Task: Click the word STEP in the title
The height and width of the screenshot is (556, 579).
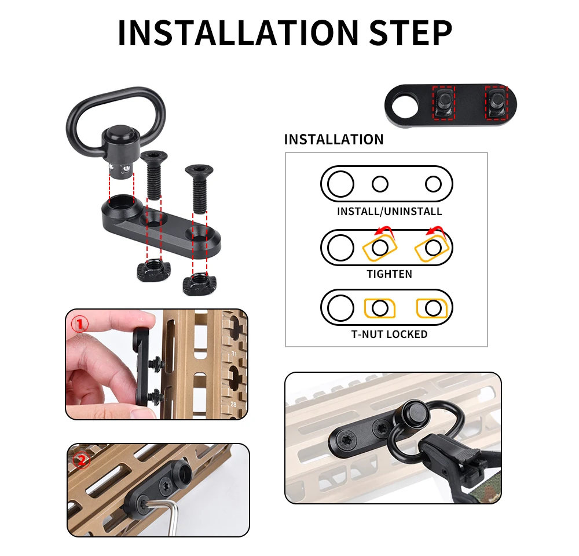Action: click(411, 32)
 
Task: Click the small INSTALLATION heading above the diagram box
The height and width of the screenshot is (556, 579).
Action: click(334, 139)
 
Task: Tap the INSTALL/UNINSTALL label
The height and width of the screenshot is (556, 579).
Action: click(389, 212)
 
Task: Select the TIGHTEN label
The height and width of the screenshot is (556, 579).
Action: click(389, 274)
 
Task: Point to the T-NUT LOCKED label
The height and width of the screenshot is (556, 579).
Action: click(389, 334)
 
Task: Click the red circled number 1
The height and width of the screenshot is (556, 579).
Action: click(80, 324)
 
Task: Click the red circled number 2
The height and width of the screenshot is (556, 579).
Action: click(81, 460)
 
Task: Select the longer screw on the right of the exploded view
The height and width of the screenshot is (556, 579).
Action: click(199, 189)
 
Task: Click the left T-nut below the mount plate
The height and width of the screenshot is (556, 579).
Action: click(153, 270)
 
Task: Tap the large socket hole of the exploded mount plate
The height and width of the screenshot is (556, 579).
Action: click(122, 202)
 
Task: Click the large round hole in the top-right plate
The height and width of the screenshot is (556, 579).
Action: click(405, 107)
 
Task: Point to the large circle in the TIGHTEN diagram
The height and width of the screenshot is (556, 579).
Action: click(340, 248)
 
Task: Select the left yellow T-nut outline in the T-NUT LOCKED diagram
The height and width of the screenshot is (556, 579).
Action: click(380, 308)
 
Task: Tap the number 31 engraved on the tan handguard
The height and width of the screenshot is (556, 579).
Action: click(234, 354)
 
